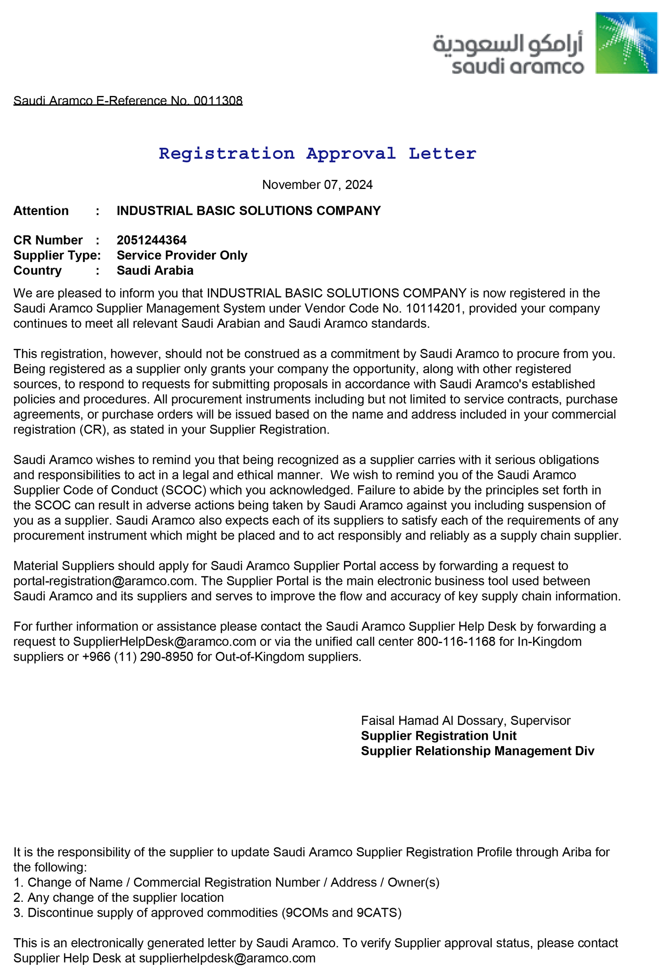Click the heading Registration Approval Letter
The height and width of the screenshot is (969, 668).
317,154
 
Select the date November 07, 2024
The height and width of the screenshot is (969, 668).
317,184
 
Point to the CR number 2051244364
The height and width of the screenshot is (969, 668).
152,240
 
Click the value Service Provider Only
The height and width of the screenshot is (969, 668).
182,255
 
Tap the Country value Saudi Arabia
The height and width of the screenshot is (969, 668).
155,270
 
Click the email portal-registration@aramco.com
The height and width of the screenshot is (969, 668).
104,581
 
